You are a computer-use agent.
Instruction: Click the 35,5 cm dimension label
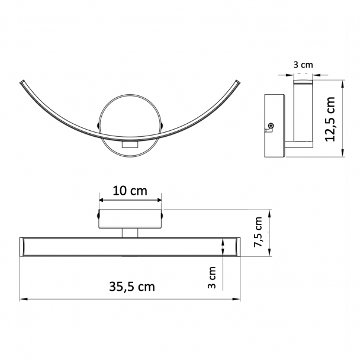[x=132, y=287]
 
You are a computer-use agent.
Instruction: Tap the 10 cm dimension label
[x=130, y=191]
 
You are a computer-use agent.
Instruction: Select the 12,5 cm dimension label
[x=330, y=119]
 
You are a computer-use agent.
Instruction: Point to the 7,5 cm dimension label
[x=258, y=232]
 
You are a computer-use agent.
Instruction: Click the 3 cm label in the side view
[x=303, y=65]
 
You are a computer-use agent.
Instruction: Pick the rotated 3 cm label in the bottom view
[x=212, y=277]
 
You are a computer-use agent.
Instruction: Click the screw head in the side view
[x=271, y=126]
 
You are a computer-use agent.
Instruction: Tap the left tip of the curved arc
[x=21, y=82]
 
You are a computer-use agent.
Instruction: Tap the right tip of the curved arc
[x=237, y=82]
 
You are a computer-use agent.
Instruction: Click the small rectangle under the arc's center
[x=130, y=145]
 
